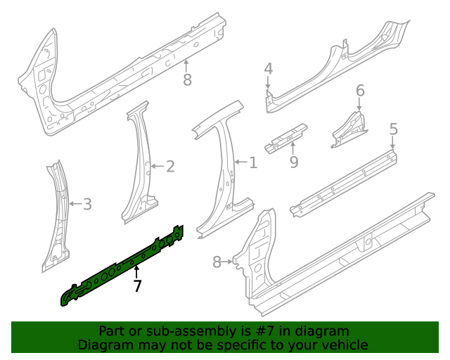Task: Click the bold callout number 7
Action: [138, 286]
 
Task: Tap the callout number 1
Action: [253, 163]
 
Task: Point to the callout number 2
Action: [169, 167]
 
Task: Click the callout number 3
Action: [87, 205]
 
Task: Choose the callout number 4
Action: [268, 68]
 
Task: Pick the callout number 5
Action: [393, 129]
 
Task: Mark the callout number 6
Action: [360, 91]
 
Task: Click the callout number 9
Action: [294, 162]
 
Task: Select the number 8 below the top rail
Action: [187, 80]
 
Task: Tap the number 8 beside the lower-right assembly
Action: [217, 262]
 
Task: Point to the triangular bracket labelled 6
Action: [349, 127]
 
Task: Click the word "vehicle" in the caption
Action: [345, 345]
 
